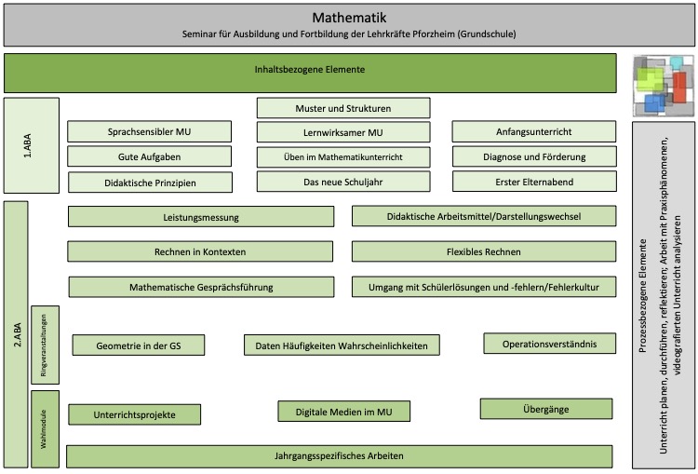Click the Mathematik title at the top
tap(349, 18)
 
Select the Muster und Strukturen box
tap(343, 108)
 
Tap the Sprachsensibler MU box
tap(149, 132)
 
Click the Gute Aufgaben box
tap(149, 156)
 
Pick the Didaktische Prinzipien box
tap(150, 183)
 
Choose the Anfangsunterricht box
tap(534, 132)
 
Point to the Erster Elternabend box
tap(534, 182)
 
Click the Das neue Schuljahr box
tap(343, 182)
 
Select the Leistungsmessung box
tap(201, 217)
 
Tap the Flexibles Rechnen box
tap(484, 251)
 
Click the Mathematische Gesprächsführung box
tap(201, 288)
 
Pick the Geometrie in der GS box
tap(139, 345)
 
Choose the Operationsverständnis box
tap(550, 344)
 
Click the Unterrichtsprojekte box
tap(134, 414)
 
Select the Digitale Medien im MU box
tap(344, 412)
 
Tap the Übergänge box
tap(546, 409)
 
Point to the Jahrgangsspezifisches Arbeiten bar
tap(339, 456)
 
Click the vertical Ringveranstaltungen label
tap(44, 345)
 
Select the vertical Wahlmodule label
tap(44, 429)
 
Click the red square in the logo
tap(678, 87)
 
